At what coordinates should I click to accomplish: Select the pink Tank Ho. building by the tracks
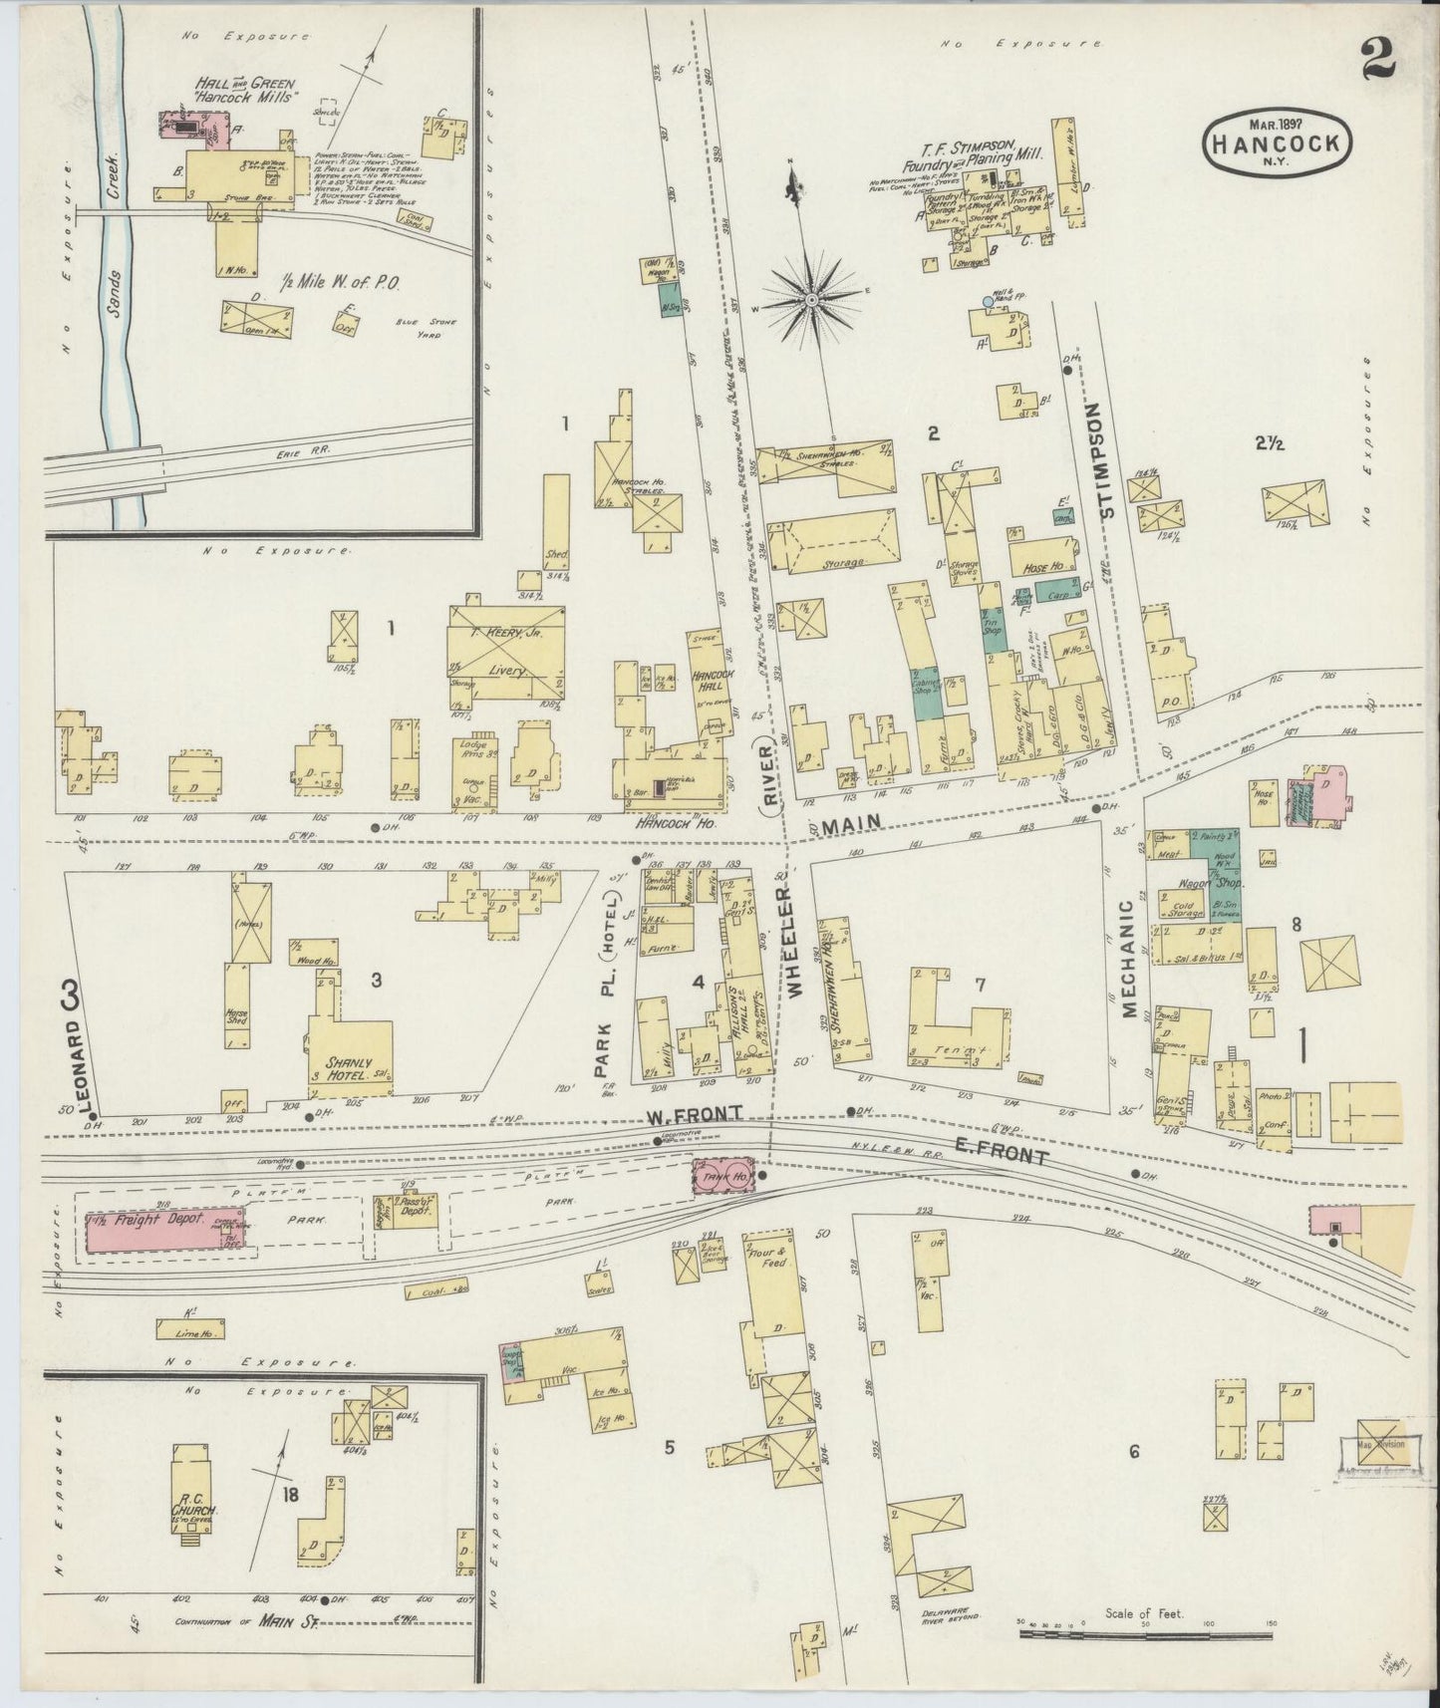(722, 1177)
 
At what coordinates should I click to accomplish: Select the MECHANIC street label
(1130, 959)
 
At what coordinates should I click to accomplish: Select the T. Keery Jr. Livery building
(506, 656)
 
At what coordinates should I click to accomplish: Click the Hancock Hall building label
(713, 681)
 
